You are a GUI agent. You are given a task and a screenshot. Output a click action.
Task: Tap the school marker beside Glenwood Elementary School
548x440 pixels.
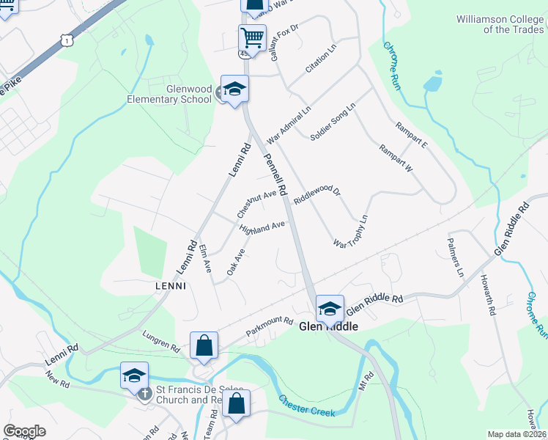point(234,90)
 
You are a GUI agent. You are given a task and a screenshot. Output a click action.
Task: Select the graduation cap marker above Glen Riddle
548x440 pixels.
point(330,308)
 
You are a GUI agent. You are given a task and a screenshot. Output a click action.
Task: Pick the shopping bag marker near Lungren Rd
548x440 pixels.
point(204,345)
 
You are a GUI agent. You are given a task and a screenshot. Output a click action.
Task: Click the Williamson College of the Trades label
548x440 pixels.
point(501,23)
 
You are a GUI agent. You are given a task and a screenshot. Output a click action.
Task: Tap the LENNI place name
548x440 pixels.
point(170,285)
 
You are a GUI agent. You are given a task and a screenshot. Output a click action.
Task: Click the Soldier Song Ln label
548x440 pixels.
point(333,122)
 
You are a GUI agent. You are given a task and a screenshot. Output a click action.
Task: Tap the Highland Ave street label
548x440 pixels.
point(262,228)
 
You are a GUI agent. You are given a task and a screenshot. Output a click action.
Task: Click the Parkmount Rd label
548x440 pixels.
point(269,327)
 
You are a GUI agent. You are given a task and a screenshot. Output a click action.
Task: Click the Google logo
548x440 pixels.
point(24,431)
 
